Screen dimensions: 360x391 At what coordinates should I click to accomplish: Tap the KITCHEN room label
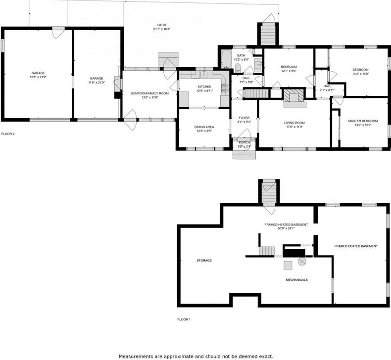204,87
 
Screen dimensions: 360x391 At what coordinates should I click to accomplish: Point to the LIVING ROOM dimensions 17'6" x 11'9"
294,127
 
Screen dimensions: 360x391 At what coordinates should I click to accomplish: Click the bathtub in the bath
225,59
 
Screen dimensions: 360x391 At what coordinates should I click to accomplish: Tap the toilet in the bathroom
238,67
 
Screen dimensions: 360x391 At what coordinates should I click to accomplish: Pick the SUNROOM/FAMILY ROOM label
149,93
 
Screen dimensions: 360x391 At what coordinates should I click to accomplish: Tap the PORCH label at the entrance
244,142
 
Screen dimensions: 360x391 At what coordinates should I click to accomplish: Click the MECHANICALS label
297,280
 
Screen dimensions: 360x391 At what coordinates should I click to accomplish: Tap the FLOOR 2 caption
8,134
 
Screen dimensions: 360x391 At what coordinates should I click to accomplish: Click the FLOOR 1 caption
184,319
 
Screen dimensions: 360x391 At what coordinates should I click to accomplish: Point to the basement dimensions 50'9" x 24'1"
286,228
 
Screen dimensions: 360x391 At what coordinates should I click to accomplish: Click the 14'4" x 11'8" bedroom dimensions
360,74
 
